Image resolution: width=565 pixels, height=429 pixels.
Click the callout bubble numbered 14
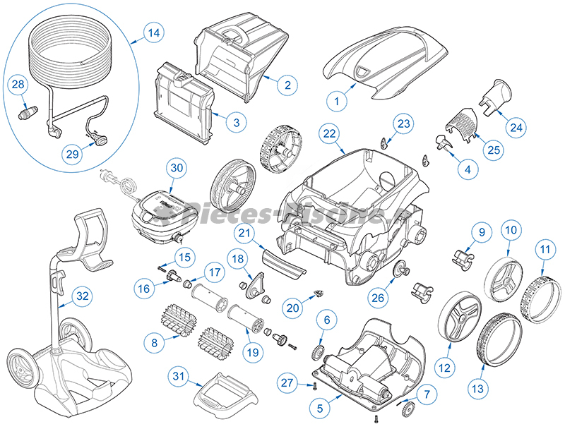point(153,32)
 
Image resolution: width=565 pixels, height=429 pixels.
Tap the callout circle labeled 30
point(177,168)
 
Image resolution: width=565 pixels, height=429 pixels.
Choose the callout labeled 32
point(83,296)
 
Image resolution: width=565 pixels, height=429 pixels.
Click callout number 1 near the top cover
point(337,102)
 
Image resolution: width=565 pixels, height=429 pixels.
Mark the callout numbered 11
point(544,248)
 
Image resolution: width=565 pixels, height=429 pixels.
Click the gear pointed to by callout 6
point(318,351)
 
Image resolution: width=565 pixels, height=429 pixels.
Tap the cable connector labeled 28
point(27,113)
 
